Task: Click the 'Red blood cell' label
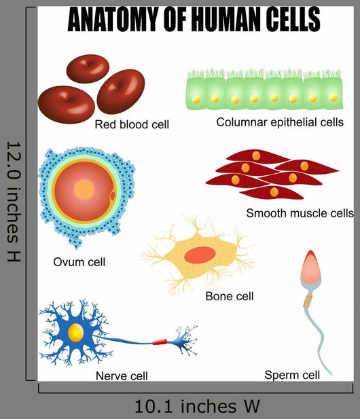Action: [x=132, y=124]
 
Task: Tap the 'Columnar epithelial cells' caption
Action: [x=280, y=122]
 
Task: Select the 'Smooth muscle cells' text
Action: [x=300, y=213]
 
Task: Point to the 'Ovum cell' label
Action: [x=79, y=262]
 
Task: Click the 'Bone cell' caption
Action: [x=230, y=296]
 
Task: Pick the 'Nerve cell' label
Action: [x=122, y=376]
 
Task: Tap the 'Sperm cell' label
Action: [x=292, y=375]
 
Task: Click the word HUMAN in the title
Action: [x=222, y=20]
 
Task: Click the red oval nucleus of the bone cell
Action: [x=200, y=255]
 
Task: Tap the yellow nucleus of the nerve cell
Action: [x=76, y=333]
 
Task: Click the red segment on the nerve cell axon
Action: [x=160, y=342]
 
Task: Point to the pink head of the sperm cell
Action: [x=310, y=268]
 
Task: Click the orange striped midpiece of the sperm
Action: [x=308, y=301]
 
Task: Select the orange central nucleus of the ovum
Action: [x=84, y=189]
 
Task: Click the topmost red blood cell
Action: [x=88, y=69]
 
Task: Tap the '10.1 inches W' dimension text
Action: [x=197, y=407]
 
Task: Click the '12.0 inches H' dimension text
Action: [x=14, y=202]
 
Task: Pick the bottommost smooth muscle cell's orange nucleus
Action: [x=274, y=192]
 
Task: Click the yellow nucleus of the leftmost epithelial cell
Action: [x=196, y=100]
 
